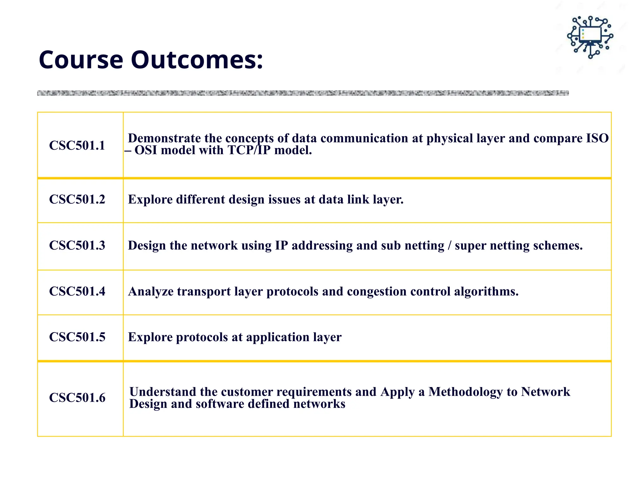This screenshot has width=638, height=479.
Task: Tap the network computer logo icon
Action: point(590,37)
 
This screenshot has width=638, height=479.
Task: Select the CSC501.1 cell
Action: point(77,146)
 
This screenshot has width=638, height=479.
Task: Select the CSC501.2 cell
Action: point(77,200)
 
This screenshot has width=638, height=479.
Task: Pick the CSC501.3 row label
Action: point(77,245)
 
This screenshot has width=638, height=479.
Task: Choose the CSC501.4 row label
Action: point(77,291)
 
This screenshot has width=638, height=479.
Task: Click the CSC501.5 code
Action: point(77,337)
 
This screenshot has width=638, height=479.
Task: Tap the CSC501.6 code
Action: point(77,398)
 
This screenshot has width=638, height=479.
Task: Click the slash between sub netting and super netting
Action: point(449,246)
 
